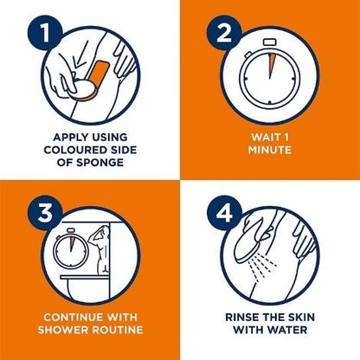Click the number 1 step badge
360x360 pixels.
click(x=45, y=33)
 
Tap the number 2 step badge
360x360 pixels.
click(x=224, y=33)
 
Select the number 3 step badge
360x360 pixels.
click(x=45, y=213)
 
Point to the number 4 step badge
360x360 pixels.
click(x=224, y=213)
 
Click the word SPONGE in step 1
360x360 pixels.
click(x=100, y=163)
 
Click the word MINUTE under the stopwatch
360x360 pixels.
click(x=270, y=150)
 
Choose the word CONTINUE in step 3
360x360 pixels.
click(x=74, y=318)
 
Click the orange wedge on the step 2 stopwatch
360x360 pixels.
click(x=271, y=62)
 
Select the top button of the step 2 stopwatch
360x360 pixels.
click(x=270, y=42)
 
